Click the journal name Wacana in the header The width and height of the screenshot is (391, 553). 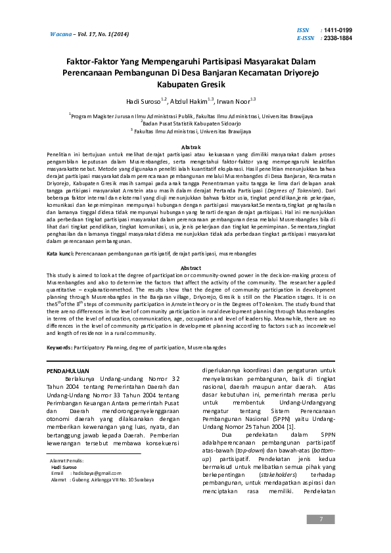(61, 33)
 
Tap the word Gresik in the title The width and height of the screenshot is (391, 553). (210, 85)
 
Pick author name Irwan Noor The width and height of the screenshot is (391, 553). (233, 102)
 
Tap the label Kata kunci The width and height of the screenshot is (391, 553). (60, 253)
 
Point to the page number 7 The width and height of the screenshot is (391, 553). (321, 520)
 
